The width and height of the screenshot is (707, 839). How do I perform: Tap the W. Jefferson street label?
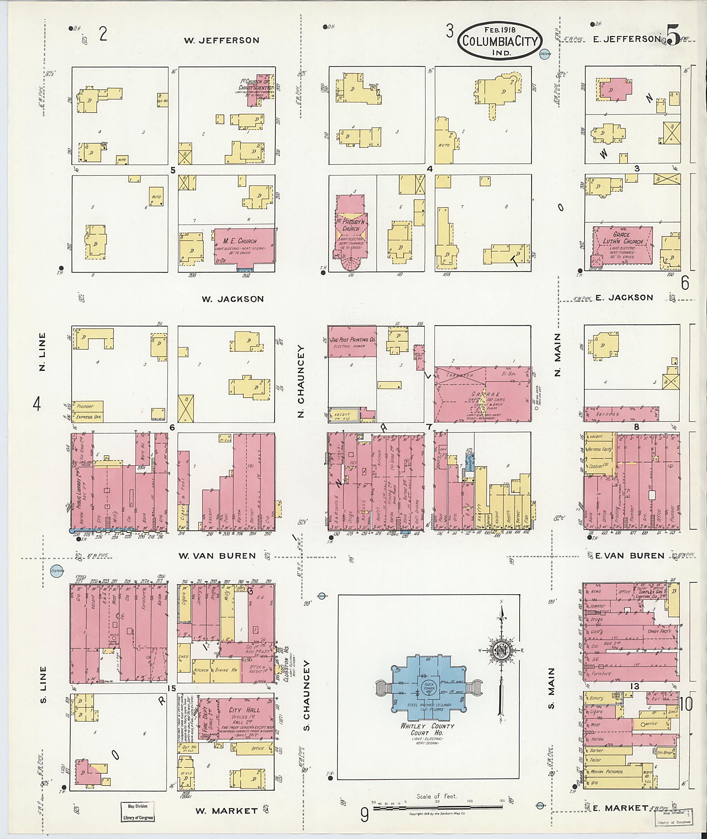coord(222,40)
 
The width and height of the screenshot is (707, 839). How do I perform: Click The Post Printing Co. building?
coord(352,341)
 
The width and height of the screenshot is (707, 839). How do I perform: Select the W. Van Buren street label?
coord(217,556)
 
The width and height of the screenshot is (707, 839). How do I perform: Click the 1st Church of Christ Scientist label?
coord(256,85)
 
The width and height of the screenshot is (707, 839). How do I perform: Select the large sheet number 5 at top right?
coord(673,36)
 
